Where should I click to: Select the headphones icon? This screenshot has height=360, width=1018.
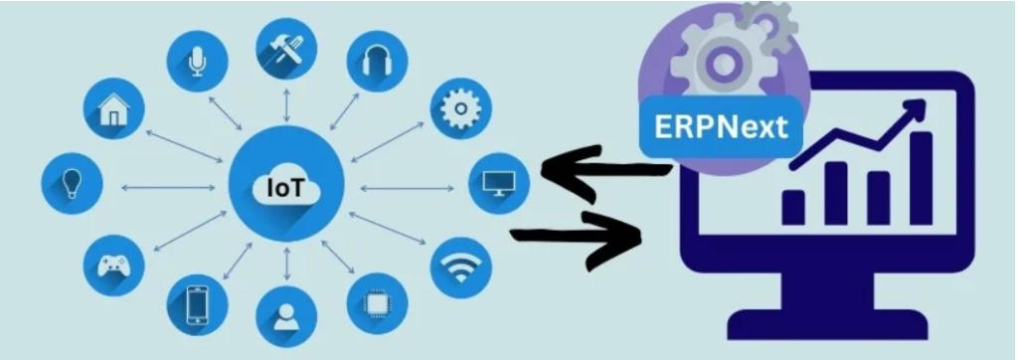point(376,61)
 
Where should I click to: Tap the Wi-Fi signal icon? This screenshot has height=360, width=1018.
point(459,267)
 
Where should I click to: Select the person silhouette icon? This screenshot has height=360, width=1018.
point(286,315)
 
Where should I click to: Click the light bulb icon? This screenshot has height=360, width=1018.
point(72,185)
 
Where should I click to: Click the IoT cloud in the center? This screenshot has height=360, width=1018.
point(286,185)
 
